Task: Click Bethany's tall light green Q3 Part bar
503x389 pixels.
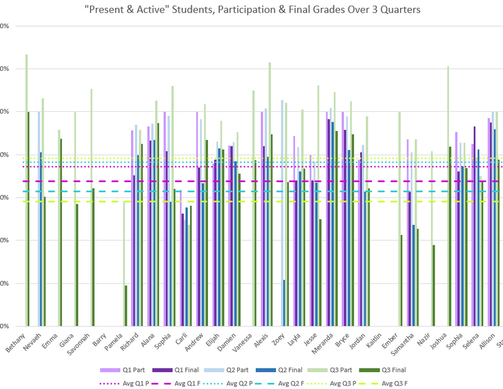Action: [x=26, y=186]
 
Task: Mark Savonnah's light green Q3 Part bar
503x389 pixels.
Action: [x=91, y=205]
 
